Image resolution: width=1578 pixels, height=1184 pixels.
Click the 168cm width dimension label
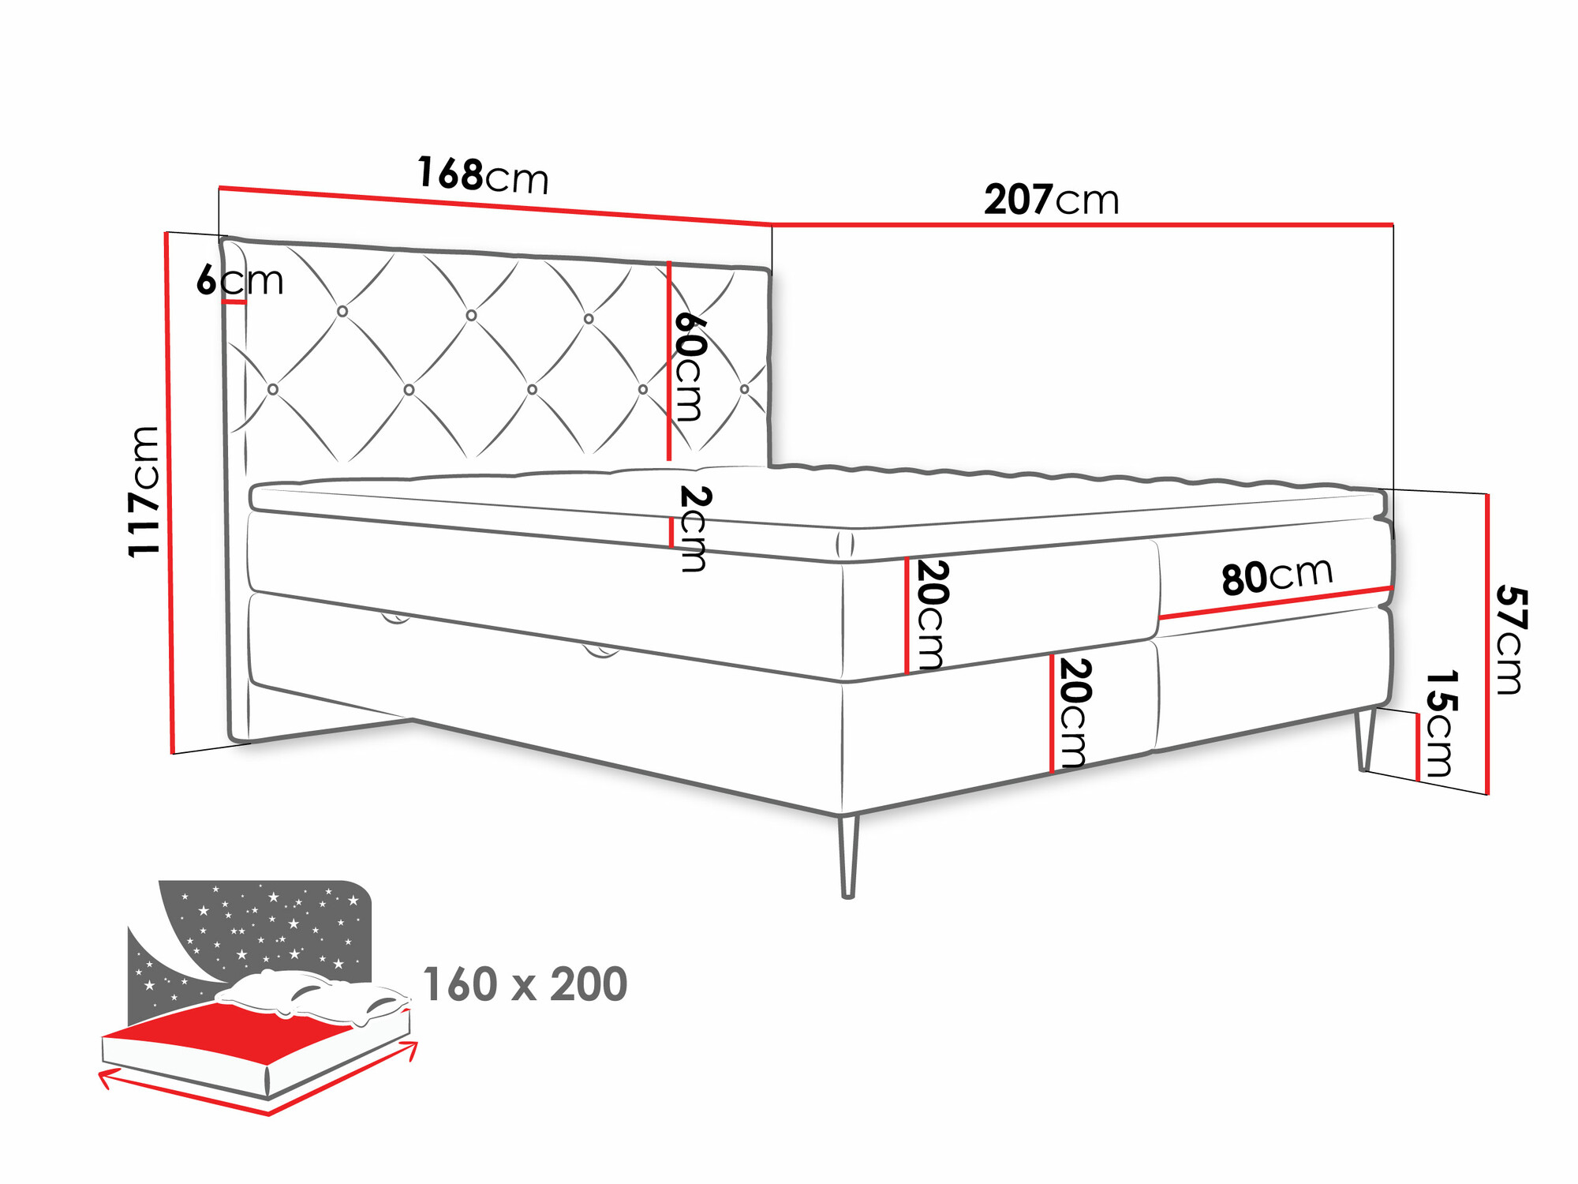coord(482,175)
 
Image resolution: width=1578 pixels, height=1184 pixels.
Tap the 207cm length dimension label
coord(1051,200)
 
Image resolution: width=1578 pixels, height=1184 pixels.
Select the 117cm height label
coord(144,491)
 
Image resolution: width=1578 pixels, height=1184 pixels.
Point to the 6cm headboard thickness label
coord(239,280)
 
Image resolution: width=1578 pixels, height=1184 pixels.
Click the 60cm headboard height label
coord(689,366)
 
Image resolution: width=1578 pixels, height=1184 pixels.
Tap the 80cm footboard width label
coord(1277,575)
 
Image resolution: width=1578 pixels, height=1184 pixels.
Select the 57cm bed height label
coord(1510,639)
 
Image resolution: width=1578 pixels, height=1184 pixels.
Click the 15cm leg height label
coord(1440,724)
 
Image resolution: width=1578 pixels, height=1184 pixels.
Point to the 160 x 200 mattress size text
coord(525,984)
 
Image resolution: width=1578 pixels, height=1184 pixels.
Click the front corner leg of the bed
coord(848,856)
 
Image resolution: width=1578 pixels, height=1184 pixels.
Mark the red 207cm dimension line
coord(1081,225)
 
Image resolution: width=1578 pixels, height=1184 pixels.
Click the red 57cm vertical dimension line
coord(1487,643)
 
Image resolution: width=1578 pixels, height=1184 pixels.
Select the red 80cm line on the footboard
coord(1274,602)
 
